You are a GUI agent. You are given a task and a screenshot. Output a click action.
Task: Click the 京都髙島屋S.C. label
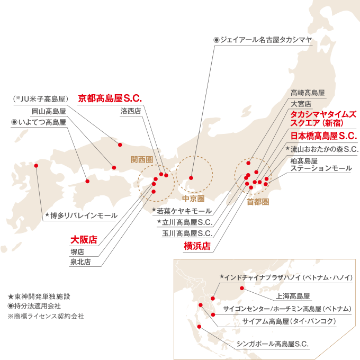[110, 98]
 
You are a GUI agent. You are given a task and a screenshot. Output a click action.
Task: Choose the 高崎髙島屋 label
[308, 92]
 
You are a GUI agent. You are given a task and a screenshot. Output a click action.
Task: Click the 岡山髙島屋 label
[49, 112]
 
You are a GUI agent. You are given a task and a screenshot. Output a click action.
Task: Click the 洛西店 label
[130, 111]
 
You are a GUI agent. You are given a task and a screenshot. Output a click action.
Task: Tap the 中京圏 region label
[193, 199]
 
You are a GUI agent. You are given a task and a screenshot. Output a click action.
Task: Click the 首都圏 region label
[258, 202]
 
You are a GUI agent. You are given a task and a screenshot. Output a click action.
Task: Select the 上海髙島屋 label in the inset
[293, 296]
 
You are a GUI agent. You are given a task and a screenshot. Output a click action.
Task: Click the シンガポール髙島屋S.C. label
[273, 344]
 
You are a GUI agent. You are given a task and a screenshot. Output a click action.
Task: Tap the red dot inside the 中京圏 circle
[191, 178]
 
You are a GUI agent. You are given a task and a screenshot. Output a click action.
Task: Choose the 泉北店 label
[80, 262]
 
